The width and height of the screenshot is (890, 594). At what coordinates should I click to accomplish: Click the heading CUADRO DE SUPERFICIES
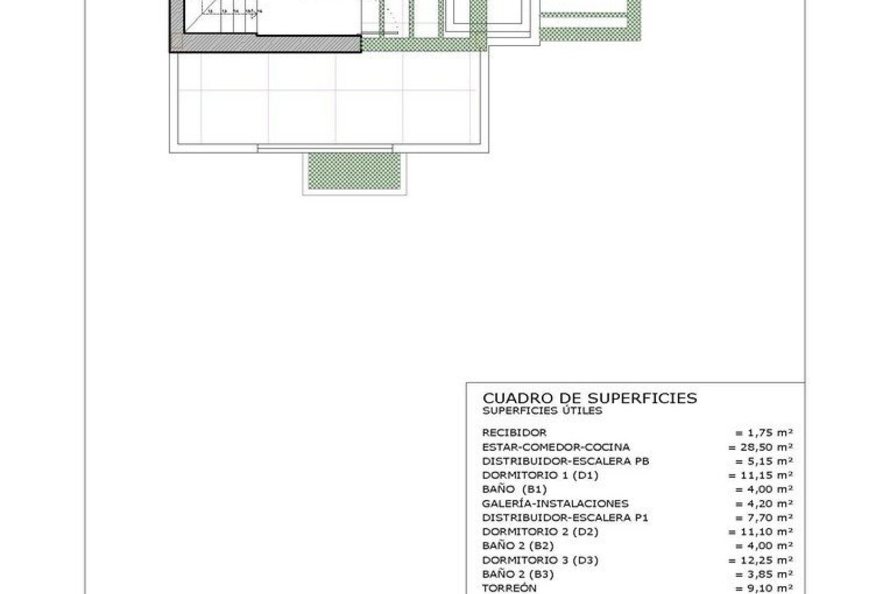point(589,398)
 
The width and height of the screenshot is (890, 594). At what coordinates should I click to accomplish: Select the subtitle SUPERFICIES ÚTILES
point(542,411)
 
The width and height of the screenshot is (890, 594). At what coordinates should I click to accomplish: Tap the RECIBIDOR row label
point(514,433)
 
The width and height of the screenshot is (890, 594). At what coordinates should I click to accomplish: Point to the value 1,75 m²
point(764,433)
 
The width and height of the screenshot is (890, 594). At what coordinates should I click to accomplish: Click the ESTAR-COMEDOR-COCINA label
point(556,447)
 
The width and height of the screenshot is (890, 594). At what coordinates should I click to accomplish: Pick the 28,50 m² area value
point(761,447)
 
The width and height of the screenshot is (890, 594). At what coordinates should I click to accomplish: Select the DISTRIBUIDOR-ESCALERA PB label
point(565,461)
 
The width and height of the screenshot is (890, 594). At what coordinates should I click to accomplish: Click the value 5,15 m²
point(764,461)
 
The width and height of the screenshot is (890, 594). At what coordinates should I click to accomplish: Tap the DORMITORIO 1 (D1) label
point(540,475)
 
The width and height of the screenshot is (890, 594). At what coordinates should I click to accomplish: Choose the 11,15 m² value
point(761,475)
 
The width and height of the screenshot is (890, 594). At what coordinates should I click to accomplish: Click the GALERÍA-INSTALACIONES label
point(555,504)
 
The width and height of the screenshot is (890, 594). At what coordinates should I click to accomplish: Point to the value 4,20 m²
point(764,504)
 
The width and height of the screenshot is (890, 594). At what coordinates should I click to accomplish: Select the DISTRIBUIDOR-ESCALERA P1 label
point(565,518)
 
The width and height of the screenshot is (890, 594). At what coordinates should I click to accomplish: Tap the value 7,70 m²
point(764,518)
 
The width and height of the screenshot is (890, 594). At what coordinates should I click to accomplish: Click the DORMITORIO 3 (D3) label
point(540,560)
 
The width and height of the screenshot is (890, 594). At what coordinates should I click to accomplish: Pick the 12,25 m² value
point(761,560)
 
